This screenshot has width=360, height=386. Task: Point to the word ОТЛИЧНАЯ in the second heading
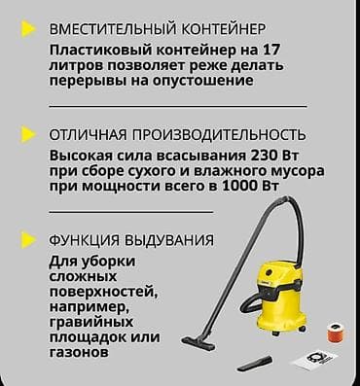86,134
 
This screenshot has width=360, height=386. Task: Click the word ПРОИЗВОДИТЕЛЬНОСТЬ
216,134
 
